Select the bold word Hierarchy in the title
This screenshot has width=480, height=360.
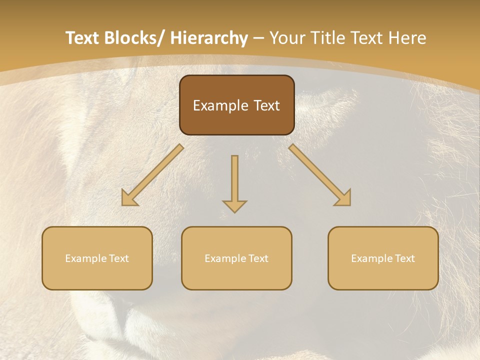(x=209, y=38)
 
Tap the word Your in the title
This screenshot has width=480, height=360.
(x=287, y=38)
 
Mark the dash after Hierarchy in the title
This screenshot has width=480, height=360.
(x=258, y=38)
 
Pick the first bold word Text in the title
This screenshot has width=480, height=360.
(x=83, y=38)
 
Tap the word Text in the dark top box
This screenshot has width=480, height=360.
(x=265, y=105)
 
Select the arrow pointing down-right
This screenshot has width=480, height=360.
(x=320, y=175)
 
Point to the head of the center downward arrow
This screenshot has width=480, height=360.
(x=234, y=206)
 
